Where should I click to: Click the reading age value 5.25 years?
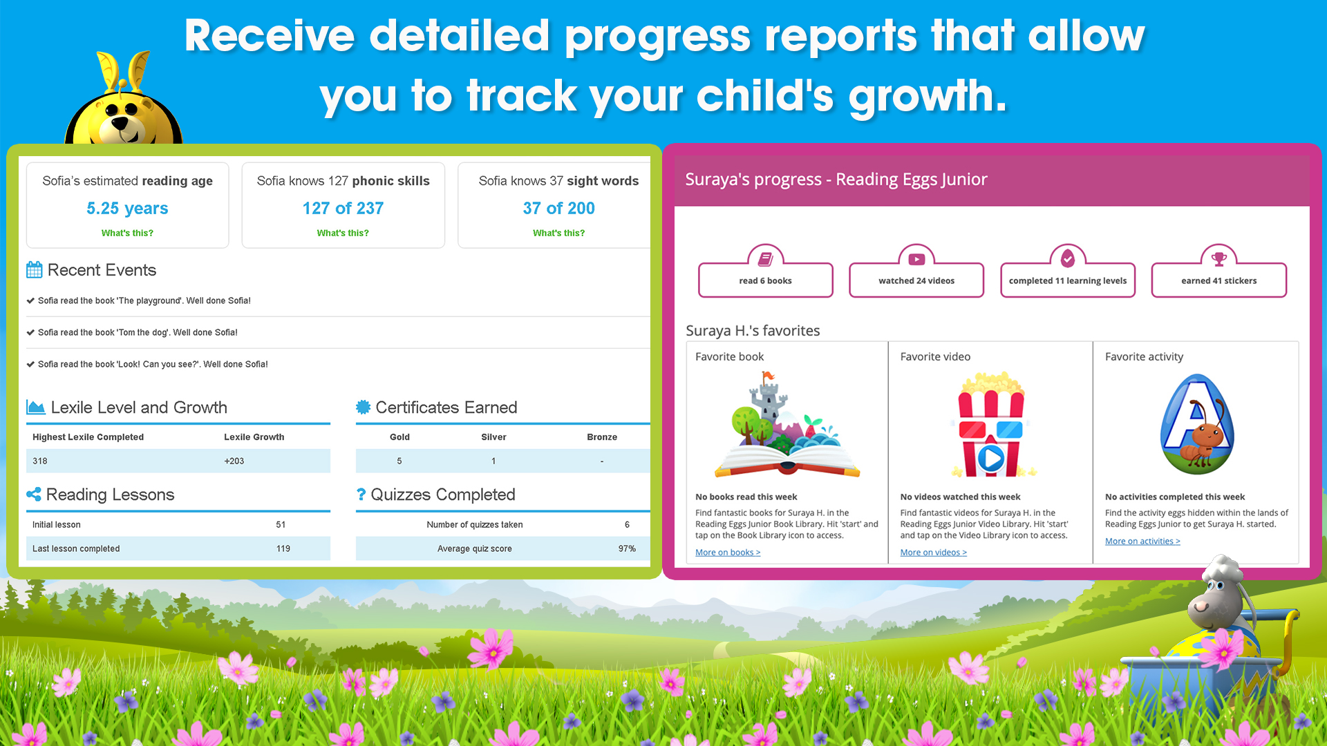127,208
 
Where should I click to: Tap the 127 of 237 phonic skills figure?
343,208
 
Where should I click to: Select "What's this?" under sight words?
558,233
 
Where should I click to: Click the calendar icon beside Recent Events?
35,269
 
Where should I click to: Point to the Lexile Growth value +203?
234,461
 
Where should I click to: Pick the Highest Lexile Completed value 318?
40,461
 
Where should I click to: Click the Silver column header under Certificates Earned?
493,437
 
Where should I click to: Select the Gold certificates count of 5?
399,461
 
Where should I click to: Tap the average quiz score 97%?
627,548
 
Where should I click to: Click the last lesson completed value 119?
283,548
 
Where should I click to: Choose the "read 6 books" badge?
766,271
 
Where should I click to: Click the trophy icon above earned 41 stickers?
1219,259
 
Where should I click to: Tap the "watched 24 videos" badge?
916,271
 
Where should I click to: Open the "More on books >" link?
728,553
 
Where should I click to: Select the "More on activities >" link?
1142,542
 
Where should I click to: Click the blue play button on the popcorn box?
991,458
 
